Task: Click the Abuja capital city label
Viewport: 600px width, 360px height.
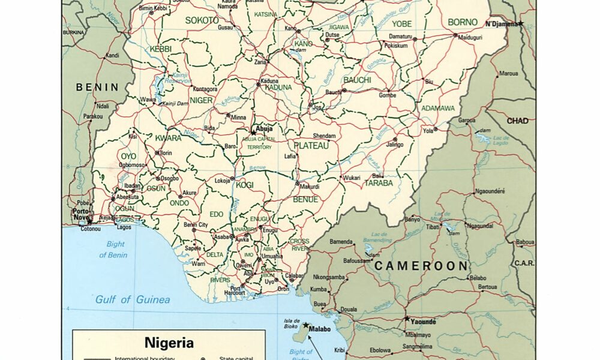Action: point(265,128)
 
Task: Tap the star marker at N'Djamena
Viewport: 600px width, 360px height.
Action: point(521,23)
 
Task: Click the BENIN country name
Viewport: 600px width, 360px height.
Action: point(98,87)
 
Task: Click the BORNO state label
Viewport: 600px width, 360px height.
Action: point(463,22)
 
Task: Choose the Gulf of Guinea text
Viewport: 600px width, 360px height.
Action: point(133,299)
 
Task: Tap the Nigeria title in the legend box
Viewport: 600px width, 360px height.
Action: point(169,343)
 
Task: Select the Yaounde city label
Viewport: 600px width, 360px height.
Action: point(424,322)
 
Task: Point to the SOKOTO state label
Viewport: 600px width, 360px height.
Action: point(202,20)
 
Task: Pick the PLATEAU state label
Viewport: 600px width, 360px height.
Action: point(311,146)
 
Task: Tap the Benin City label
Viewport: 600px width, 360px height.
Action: point(196,225)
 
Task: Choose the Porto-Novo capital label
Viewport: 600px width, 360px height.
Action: point(81,214)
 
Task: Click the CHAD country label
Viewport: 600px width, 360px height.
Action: point(517,121)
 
